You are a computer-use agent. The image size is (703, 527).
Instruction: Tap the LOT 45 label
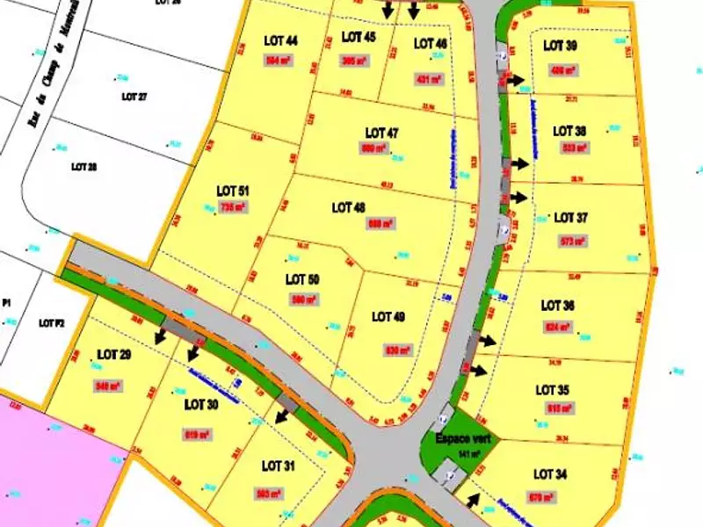[x=359, y=37]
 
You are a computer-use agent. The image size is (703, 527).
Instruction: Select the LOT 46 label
[x=431, y=43]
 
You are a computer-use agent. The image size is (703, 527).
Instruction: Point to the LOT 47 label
[x=381, y=134]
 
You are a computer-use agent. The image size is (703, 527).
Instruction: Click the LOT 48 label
[x=349, y=208]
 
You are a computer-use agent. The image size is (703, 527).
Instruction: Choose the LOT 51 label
[x=233, y=191]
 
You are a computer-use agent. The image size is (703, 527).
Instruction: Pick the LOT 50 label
[x=302, y=279]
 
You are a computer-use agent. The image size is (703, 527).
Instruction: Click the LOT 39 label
[x=560, y=46]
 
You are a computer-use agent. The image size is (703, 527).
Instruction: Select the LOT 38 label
[x=569, y=131]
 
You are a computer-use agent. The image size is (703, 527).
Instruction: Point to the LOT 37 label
[x=570, y=218]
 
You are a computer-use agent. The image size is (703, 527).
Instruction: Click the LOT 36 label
[x=558, y=306]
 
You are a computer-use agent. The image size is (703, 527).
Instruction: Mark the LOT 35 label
[x=552, y=390]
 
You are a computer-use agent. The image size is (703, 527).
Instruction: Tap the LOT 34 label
[x=551, y=474]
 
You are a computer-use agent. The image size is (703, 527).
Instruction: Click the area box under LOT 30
[x=197, y=434]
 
